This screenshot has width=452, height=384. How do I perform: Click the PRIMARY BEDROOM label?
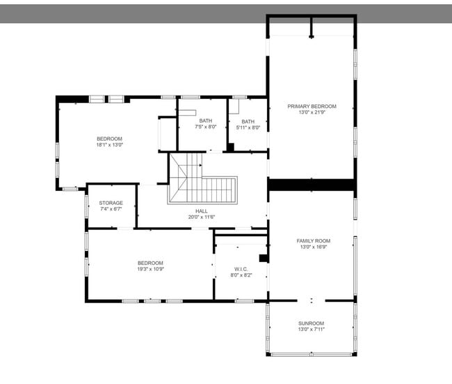coord(312,106)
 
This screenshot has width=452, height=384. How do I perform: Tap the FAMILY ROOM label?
coord(312,240)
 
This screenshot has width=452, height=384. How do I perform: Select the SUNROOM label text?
coord(312,323)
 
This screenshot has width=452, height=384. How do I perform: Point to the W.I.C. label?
coord(241,269)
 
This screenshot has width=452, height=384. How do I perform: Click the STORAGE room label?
coord(111,203)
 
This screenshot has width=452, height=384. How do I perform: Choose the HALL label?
coord(202,211)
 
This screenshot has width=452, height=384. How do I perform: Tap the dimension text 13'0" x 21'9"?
coord(312,112)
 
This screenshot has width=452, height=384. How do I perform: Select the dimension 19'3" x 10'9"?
coord(150,269)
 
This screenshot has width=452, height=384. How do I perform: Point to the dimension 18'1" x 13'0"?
coord(109,145)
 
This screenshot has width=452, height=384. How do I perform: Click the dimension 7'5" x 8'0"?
coord(206,127)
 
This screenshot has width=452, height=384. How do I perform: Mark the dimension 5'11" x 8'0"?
coord(248,127)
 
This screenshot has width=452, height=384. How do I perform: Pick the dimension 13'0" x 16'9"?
coord(312,247)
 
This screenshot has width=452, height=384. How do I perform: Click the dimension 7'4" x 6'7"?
coord(111,209)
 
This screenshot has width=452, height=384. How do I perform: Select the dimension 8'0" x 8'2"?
coord(241,275)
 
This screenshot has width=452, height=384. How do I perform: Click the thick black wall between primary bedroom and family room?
coord(312,185)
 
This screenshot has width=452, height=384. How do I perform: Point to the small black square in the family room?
coord(264,259)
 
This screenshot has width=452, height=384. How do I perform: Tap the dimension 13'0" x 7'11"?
coord(312,329)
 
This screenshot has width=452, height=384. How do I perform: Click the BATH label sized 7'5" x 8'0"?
coord(206,121)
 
